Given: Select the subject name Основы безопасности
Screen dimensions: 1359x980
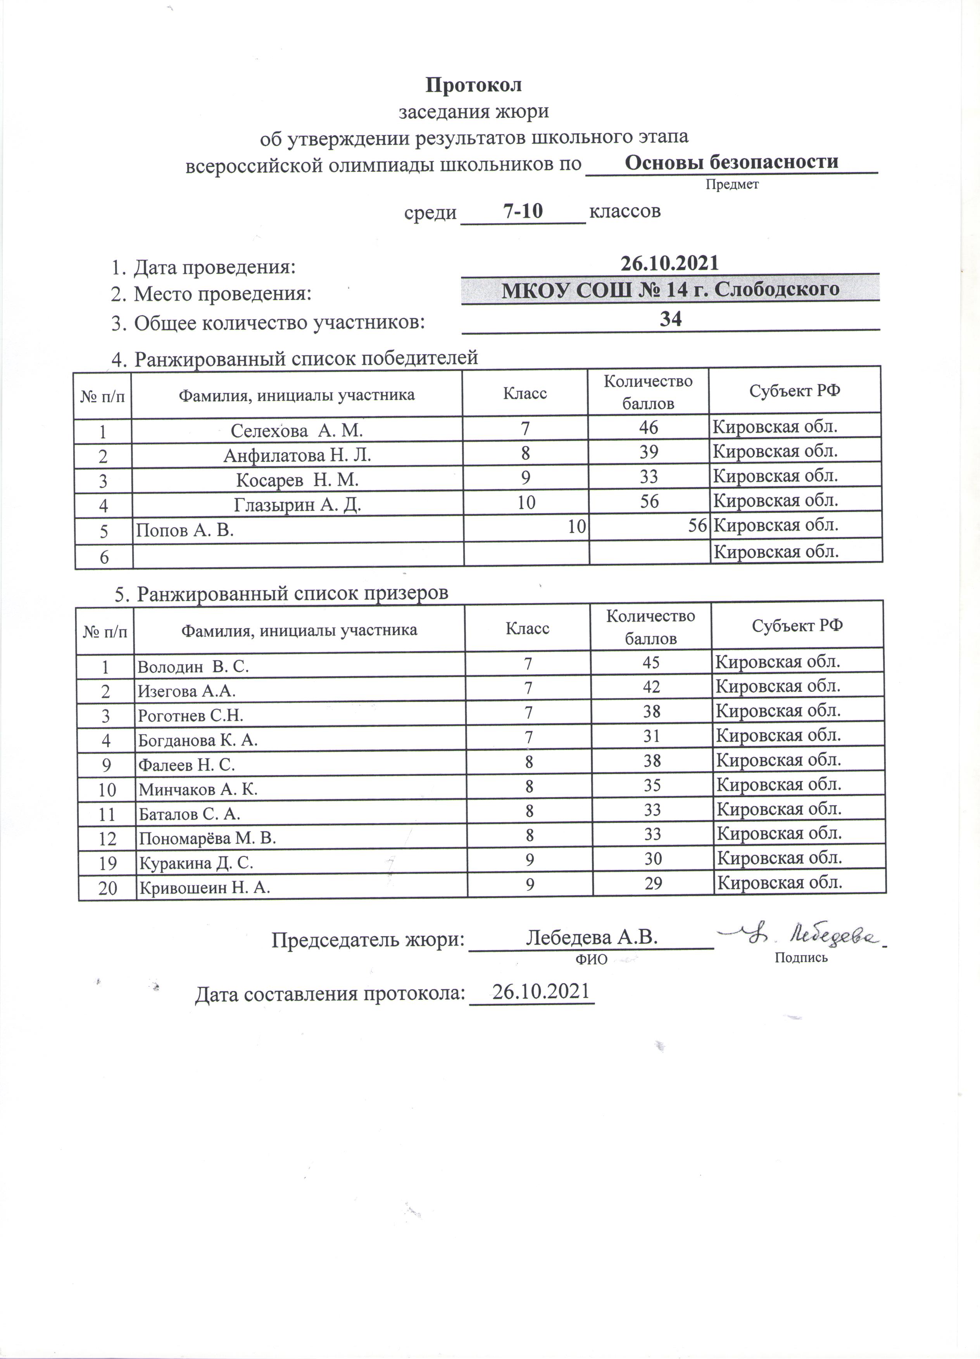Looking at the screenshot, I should (731, 162).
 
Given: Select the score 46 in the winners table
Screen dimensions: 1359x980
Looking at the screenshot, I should (649, 427).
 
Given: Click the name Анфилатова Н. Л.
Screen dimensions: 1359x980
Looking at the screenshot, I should (297, 455).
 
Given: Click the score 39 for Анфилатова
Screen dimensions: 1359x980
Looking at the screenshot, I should (649, 452).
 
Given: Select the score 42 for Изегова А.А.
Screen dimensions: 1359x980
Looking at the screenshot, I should (652, 687).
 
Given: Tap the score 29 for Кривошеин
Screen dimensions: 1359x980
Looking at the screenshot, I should (653, 883).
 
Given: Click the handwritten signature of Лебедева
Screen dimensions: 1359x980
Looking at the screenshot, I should (803, 935).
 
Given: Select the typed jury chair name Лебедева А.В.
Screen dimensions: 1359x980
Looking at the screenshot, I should (592, 937).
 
